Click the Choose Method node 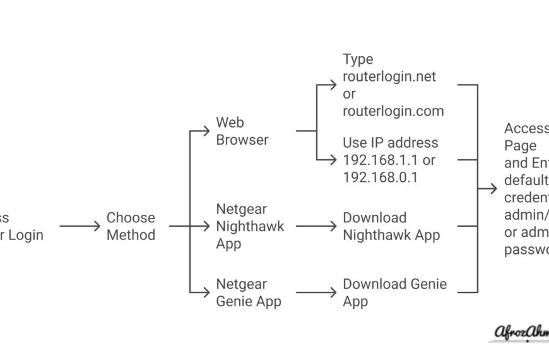[131, 226]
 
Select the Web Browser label [242, 131]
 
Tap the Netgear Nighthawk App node [250, 226]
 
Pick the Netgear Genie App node [249, 293]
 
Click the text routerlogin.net [389, 76]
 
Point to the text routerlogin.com [393, 111]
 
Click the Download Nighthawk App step [391, 226]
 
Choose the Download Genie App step [394, 292]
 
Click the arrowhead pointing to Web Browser [206, 131]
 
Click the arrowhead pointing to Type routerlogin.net [333, 84]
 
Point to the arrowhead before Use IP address [333, 160]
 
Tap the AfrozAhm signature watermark [521, 332]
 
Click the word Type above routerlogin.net [358, 59]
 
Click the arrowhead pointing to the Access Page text [493, 189]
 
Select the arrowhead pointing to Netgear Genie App [206, 292]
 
